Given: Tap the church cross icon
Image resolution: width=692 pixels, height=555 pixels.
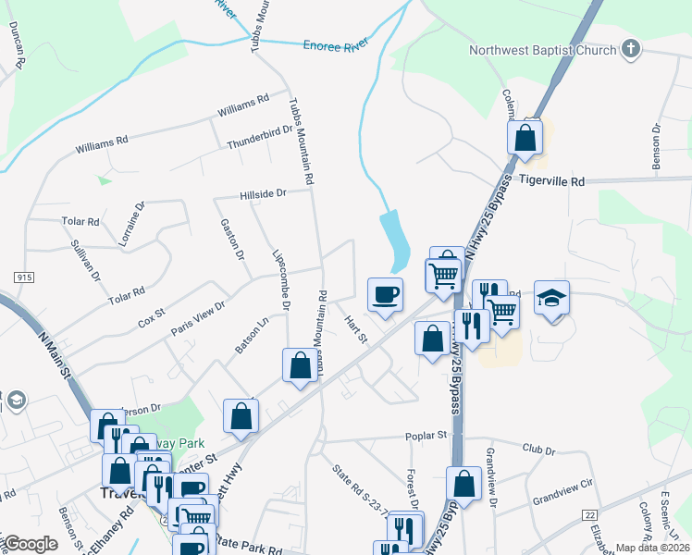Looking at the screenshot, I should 631,49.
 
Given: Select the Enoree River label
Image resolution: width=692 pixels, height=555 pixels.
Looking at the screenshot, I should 336,44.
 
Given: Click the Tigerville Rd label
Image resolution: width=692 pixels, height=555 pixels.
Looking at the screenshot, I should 552,182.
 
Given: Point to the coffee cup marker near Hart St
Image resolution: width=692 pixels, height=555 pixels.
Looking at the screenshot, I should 385,295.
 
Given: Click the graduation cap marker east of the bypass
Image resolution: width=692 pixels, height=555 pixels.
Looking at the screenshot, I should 551,298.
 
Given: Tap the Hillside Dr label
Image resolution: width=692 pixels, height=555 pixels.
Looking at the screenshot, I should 264,194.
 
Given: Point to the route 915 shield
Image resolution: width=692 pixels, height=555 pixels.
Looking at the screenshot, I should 20,277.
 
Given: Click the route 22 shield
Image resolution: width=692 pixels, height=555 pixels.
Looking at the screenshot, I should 588,513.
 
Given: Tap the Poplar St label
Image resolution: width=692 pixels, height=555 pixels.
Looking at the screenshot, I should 426,435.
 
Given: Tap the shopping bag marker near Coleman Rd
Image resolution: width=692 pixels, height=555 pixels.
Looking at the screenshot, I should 525,138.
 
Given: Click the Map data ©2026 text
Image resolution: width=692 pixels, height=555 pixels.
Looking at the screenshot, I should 652,548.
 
